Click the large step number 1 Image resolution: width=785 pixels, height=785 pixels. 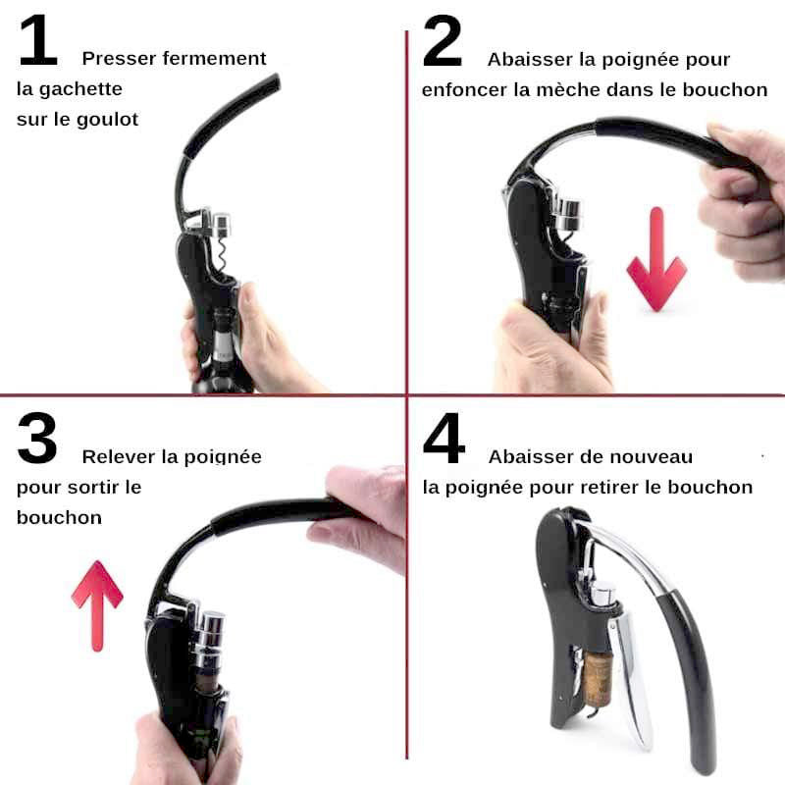[38, 41]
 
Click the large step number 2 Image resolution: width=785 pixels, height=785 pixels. [443, 41]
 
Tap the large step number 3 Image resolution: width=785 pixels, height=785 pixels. [37, 438]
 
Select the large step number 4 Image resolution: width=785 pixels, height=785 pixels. [445, 438]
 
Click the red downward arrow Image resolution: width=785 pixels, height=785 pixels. [656, 259]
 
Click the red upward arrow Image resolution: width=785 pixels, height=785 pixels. [97, 605]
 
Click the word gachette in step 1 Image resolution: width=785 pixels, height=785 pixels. [80, 89]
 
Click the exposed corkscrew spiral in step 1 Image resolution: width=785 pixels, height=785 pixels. [222, 254]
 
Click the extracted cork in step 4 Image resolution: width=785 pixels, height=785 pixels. [598, 679]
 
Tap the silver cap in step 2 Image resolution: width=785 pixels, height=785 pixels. [568, 215]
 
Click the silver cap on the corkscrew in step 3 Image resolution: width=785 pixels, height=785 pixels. [209, 632]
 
